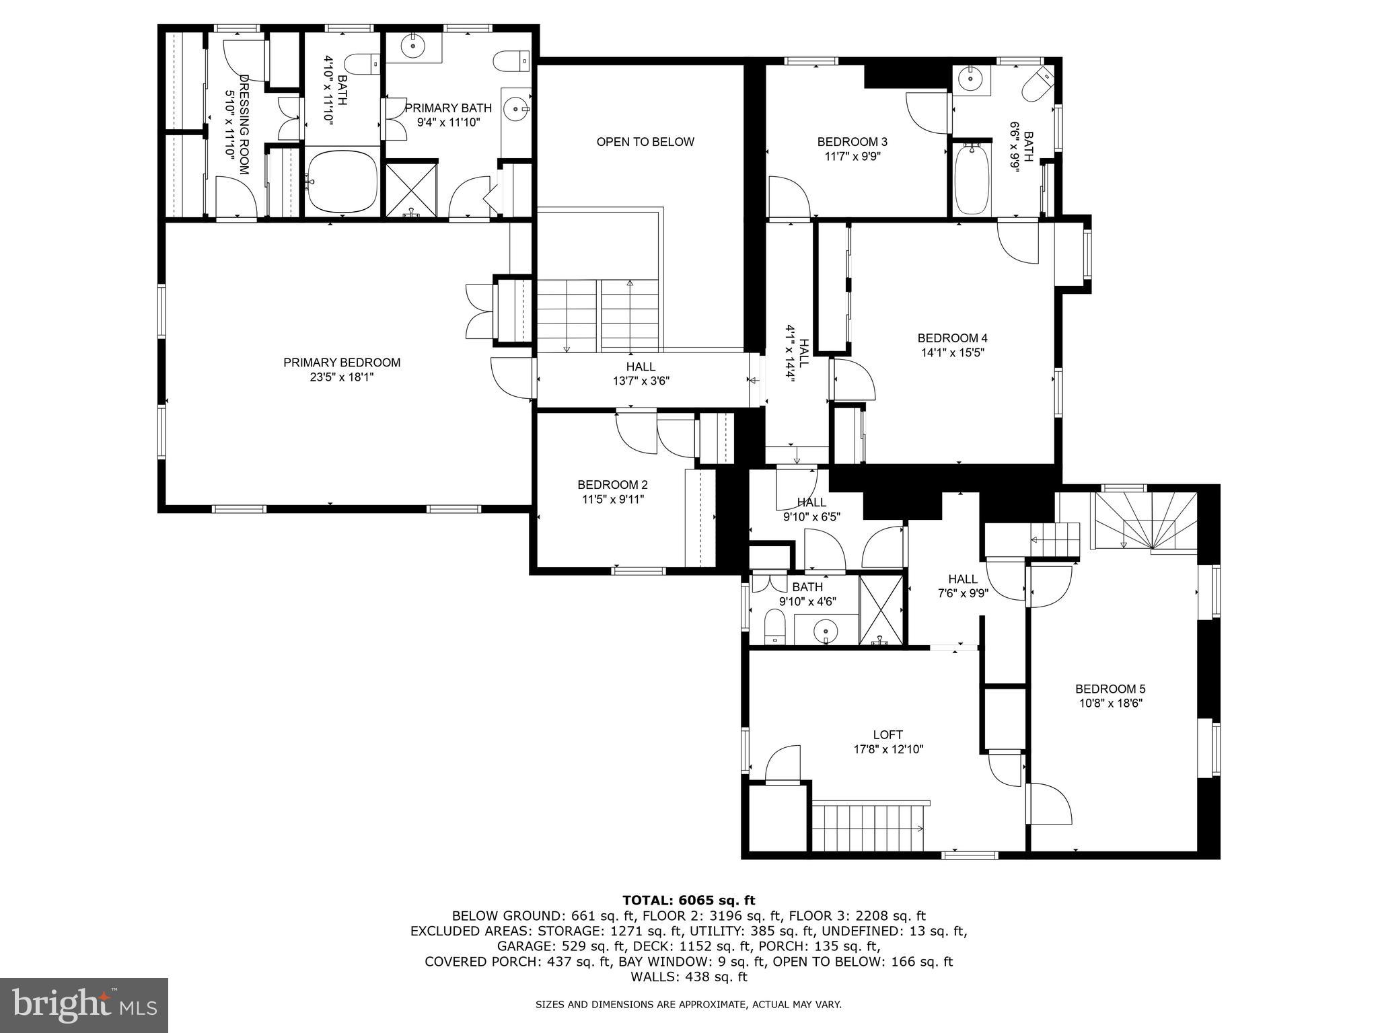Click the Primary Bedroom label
point(342,362)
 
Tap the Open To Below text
point(645,142)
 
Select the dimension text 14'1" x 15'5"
point(952,352)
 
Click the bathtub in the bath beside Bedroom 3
point(971,179)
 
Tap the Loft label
point(888,734)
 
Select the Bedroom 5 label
point(1110,689)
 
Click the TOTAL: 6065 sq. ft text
point(688,901)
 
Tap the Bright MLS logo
point(84,1005)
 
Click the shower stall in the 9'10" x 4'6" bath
point(882,609)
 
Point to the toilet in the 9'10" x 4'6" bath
point(775,627)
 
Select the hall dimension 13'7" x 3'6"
point(641,381)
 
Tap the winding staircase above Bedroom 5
point(1144,521)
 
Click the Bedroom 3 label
point(852,142)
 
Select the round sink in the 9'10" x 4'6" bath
point(824,632)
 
